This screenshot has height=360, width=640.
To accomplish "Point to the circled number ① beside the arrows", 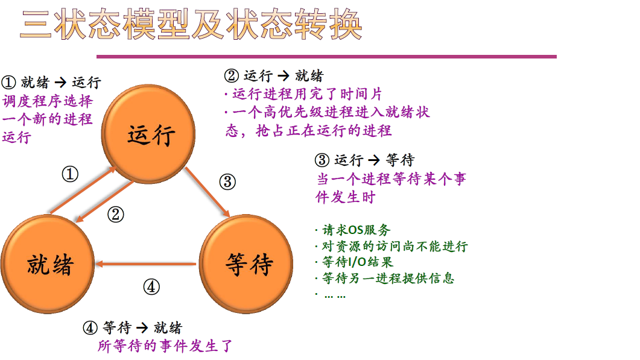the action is pyautogui.click(x=71, y=175).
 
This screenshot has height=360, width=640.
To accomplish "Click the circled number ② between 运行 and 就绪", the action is pyautogui.click(x=116, y=214).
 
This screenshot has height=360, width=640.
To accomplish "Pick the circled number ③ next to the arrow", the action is pyautogui.click(x=227, y=182).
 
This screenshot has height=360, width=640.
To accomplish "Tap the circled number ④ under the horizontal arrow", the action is pyautogui.click(x=151, y=287).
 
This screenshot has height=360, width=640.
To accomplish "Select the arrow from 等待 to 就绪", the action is pyautogui.click(x=147, y=264).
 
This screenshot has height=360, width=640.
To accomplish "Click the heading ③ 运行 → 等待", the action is pyautogui.click(x=364, y=160).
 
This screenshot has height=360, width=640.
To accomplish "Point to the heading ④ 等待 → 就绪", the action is pyautogui.click(x=132, y=328).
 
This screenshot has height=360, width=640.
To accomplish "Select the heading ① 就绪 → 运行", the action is pyautogui.click(x=51, y=83).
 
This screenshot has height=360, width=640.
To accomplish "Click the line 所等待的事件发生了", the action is pyautogui.click(x=165, y=346).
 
